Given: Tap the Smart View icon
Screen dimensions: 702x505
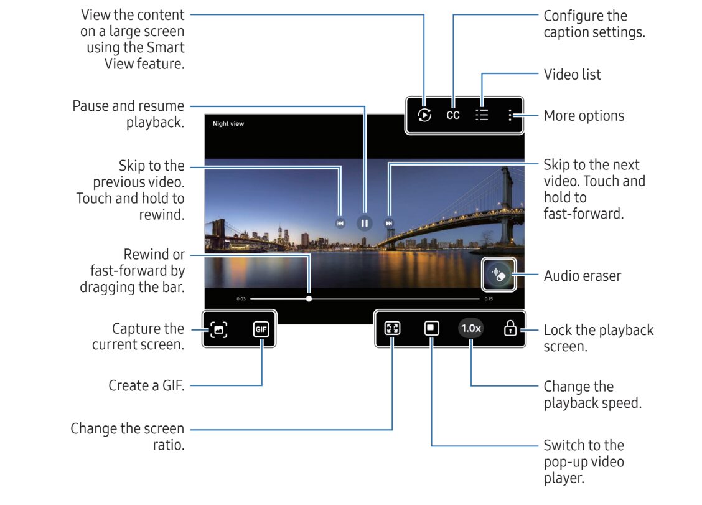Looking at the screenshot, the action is click(424, 115).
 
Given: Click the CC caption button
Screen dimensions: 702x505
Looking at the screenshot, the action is click(453, 115).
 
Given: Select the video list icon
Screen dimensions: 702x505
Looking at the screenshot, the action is click(482, 115).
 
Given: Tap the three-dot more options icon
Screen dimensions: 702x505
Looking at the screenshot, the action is click(510, 115).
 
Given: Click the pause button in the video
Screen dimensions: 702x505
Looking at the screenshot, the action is click(365, 223).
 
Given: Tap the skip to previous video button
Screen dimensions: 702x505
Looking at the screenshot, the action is click(340, 223).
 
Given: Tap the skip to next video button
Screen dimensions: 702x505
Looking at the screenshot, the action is click(388, 223).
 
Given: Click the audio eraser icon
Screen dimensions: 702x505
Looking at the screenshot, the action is click(498, 275).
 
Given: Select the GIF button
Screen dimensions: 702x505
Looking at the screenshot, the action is click(261, 329).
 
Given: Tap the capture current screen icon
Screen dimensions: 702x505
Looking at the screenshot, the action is click(218, 329).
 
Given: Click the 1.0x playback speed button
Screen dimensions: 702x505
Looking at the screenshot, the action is click(471, 328).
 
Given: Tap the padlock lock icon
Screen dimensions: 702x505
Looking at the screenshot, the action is click(510, 328).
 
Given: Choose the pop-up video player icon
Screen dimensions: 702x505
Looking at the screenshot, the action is click(431, 328).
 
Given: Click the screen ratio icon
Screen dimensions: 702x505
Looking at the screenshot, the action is click(392, 328).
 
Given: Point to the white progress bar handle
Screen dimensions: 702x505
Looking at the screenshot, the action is click(309, 298).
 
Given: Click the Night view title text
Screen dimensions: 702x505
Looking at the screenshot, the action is click(228, 124).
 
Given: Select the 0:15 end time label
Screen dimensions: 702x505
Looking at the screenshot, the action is click(489, 299).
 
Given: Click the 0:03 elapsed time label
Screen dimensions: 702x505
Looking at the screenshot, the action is click(241, 299).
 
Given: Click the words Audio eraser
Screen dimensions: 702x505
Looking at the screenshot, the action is click(583, 276).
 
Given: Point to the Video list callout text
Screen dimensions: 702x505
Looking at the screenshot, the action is click(572, 74).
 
